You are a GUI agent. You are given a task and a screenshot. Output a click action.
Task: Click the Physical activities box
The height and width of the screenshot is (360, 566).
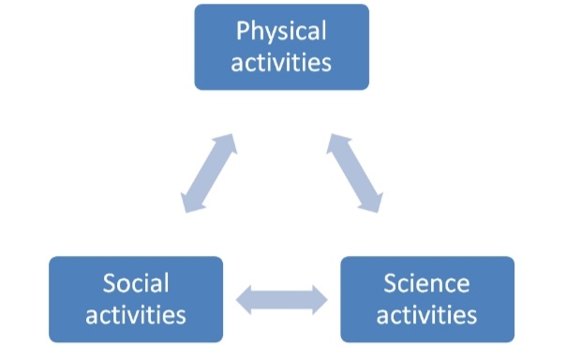(x=281, y=47)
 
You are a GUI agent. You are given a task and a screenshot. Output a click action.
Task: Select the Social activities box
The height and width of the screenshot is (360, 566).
(x=136, y=299)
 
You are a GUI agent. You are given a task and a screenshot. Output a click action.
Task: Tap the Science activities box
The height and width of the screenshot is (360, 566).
(x=426, y=299)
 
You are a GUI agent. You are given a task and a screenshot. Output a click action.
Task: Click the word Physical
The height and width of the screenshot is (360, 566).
(x=281, y=32)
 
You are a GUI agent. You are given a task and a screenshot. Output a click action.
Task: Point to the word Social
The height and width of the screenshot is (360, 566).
(x=136, y=283)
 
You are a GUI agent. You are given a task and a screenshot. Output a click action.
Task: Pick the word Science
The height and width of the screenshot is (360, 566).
(x=426, y=283)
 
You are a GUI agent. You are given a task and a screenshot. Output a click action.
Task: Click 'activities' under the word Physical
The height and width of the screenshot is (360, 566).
(x=281, y=63)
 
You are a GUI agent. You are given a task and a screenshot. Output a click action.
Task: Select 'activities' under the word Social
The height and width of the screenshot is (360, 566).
(x=136, y=314)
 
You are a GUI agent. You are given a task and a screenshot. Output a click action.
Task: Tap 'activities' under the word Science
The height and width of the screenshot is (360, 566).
(x=426, y=314)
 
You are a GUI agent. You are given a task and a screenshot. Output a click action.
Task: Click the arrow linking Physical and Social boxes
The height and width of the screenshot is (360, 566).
(x=208, y=172)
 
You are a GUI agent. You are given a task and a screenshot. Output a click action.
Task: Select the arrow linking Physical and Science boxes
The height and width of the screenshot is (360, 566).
(x=356, y=172)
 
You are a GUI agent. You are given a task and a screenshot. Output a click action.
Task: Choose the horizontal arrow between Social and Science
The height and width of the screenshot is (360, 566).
(x=281, y=301)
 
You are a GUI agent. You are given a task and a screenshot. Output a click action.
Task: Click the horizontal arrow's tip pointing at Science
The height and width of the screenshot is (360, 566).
(x=321, y=301)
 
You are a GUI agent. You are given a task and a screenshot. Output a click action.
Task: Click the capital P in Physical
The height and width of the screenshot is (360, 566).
(x=243, y=32)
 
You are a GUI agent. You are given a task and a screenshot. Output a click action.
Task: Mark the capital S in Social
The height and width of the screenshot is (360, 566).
(x=110, y=283)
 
